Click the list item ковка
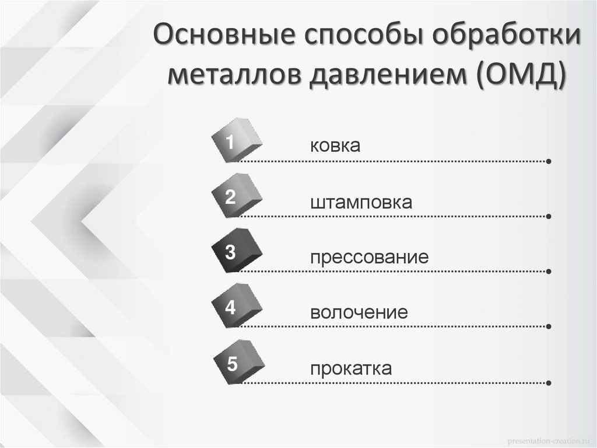tap(335, 146)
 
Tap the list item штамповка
tap(361, 203)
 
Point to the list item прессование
tap(369, 258)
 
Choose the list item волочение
tap(359, 312)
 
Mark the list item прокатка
tap(351, 369)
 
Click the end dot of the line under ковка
tap(550, 161)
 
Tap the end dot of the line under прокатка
tap(550, 383)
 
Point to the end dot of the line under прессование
tap(550, 272)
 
